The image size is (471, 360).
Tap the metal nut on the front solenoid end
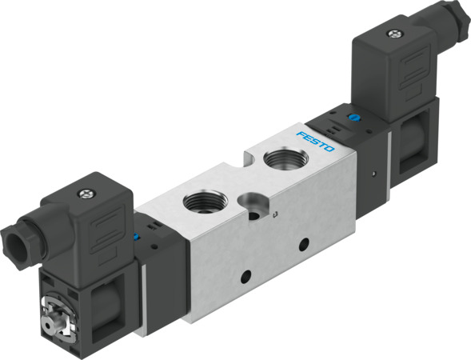click(x=54, y=315)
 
